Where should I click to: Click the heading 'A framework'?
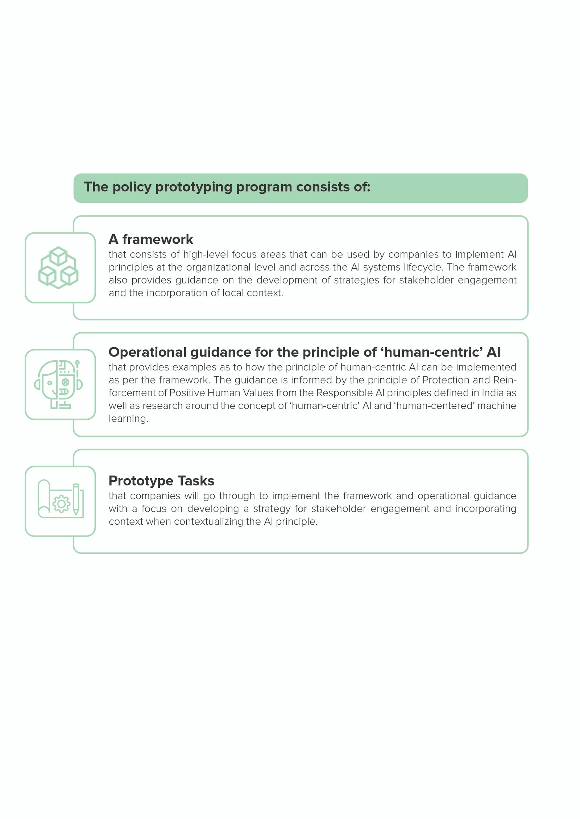pyautogui.click(x=151, y=239)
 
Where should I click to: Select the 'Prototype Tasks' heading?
pyautogui.click(x=161, y=481)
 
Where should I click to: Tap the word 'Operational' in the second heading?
pyautogui.click(x=147, y=352)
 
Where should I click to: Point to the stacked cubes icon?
pyautogui.click(x=58, y=268)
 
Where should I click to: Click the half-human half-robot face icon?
pyautogui.click(x=59, y=384)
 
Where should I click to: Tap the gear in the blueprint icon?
pyautogui.click(x=62, y=504)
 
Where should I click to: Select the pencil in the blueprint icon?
pyautogui.click(x=76, y=499)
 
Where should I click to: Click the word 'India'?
pyautogui.click(x=492, y=393)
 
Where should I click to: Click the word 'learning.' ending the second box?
pyautogui.click(x=128, y=419)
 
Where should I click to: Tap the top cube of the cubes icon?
pyautogui.click(x=58, y=256)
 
